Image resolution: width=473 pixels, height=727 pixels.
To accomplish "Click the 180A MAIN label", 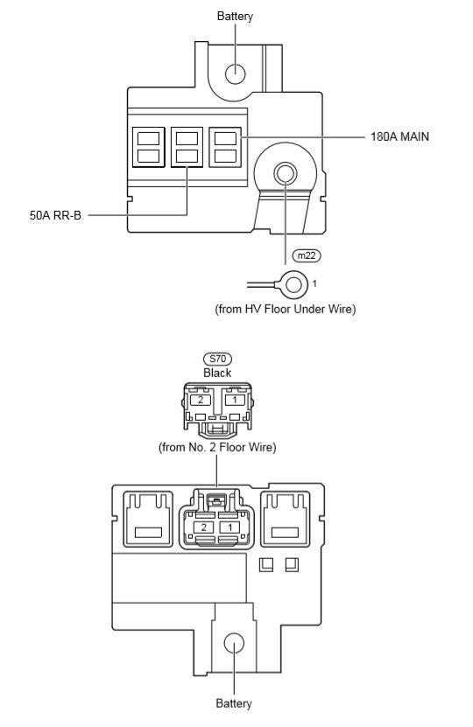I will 399,137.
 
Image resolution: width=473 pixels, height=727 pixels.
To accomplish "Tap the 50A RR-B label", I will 55,214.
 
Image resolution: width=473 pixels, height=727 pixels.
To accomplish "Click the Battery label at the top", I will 235,17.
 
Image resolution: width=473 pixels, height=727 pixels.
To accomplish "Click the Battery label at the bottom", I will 233,703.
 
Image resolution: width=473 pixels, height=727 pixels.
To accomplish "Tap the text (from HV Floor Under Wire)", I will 285,309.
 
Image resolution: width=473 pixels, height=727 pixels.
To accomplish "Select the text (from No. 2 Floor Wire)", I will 217,447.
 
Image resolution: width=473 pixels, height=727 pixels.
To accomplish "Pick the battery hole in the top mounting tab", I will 235,73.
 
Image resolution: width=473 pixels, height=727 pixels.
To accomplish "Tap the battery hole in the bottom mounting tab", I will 233,643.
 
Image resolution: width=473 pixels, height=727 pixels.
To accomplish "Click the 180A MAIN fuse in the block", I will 226,147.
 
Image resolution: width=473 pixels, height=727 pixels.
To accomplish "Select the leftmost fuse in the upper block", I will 148,147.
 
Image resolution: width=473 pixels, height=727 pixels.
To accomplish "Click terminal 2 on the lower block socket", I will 202,528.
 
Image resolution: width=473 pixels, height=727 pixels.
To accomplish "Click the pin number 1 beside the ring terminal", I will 314,284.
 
